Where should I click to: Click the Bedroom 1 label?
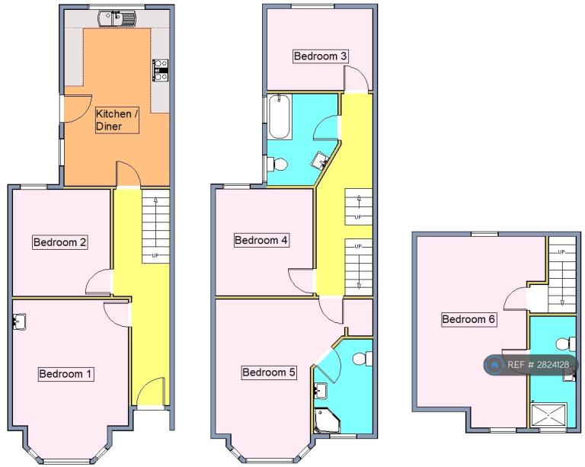click(66, 374)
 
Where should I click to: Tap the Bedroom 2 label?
click(59, 242)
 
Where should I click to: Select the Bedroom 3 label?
click(320, 56)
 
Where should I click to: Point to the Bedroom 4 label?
click(261, 240)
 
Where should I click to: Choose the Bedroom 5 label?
click(269, 373)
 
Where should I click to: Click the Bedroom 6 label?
click(468, 319)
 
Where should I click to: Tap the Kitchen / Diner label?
click(117, 120)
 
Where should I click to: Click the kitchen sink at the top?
click(117, 18)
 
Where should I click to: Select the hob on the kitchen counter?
click(161, 70)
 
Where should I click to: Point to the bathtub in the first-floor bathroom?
click(279, 117)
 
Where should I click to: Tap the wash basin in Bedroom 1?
click(19, 321)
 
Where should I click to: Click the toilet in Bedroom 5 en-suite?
click(363, 359)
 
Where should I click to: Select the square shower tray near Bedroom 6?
click(548, 415)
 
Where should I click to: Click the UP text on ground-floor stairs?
click(155, 255)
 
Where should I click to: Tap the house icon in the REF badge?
click(494, 365)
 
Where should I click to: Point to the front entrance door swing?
click(151, 392)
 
